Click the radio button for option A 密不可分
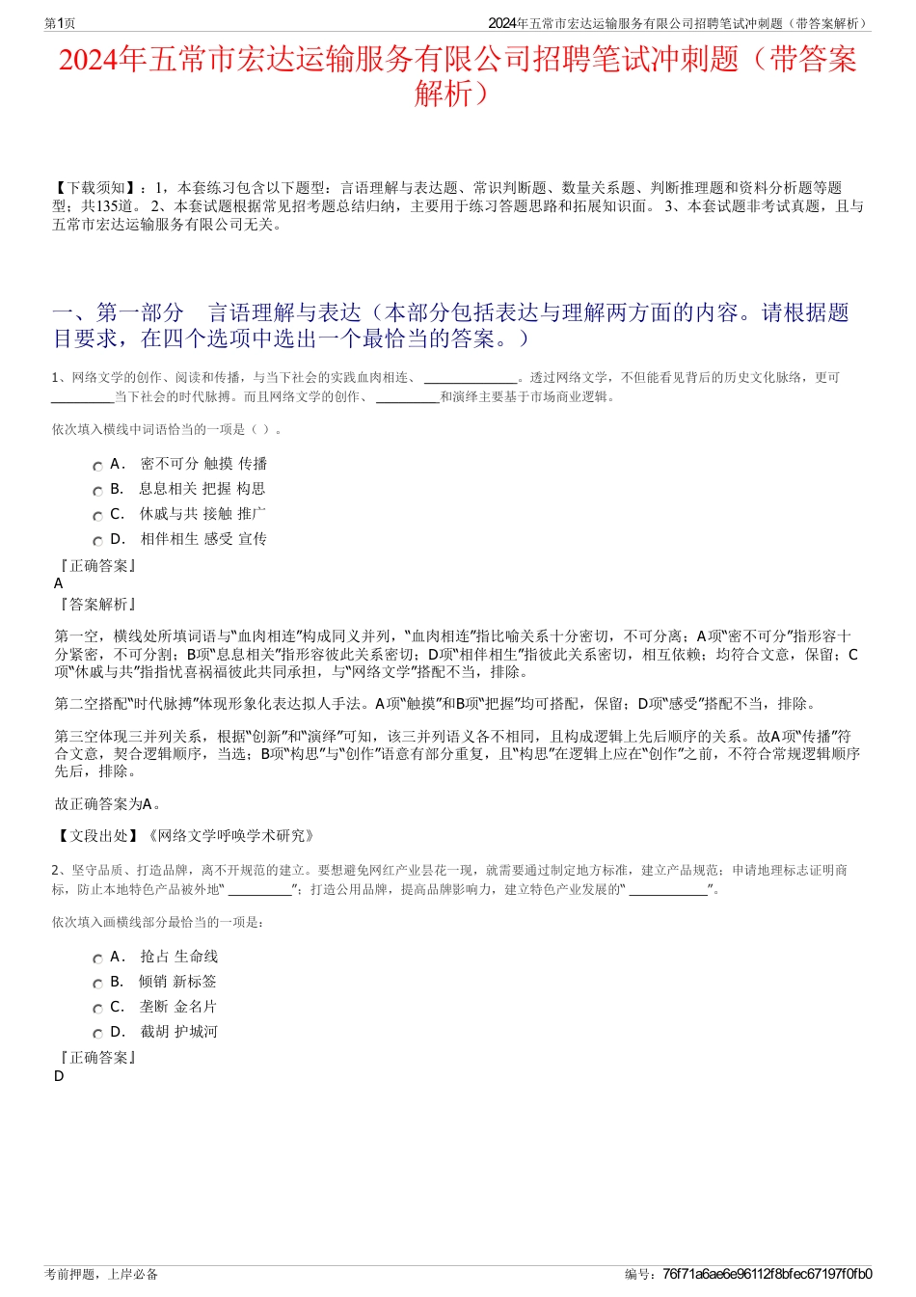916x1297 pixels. (97, 466)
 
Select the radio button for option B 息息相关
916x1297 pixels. (97, 491)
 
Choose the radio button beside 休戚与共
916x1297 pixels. (97, 516)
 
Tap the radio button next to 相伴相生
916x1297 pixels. (97, 541)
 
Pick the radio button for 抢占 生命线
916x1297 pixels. (97, 959)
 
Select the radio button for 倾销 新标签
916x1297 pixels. (97, 984)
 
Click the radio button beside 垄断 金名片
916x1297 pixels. (97, 1009)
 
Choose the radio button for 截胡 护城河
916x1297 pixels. (97, 1034)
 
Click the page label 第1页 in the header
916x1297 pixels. (60, 23)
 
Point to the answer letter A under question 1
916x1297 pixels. (59, 583)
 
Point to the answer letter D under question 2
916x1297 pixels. (59, 1075)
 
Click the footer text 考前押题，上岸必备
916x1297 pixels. (101, 1274)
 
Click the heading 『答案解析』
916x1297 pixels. (97, 604)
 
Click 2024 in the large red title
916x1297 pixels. (88, 61)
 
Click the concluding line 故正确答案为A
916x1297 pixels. (108, 803)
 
